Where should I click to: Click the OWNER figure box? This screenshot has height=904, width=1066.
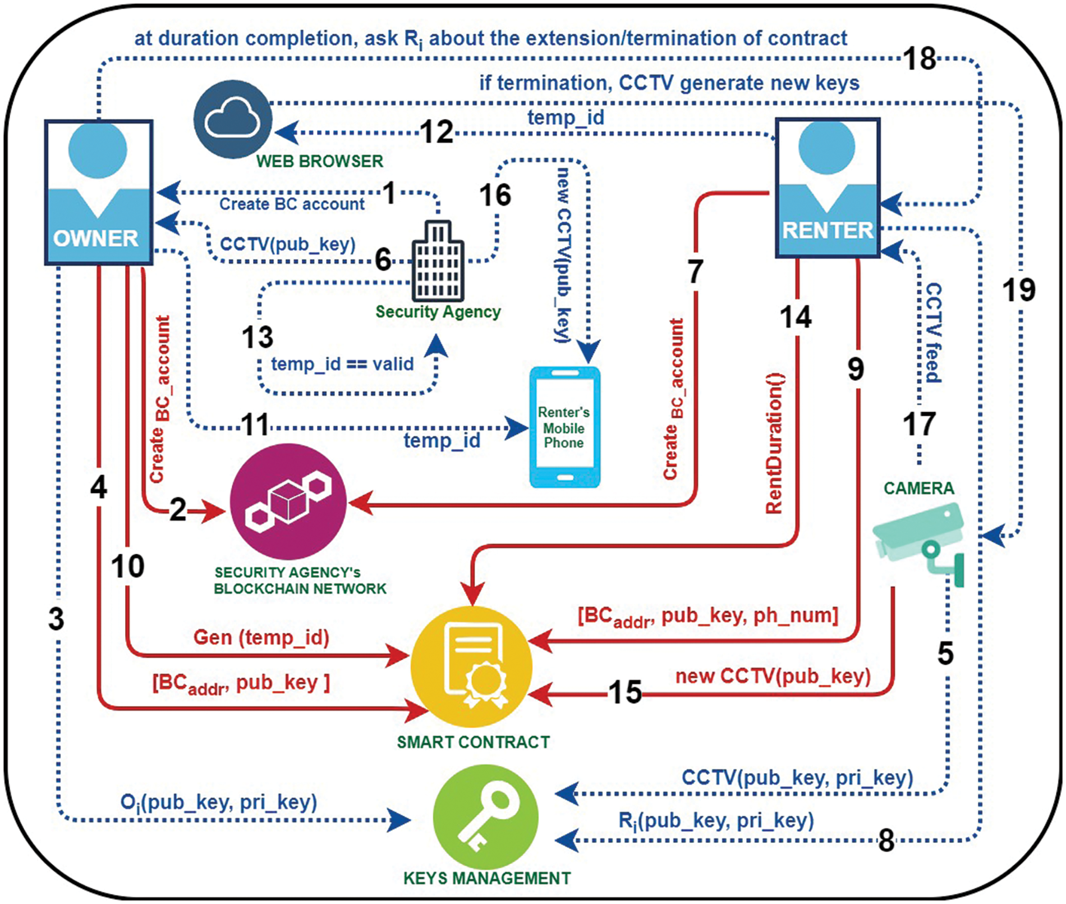coord(98,192)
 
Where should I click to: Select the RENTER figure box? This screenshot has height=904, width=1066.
coord(827,188)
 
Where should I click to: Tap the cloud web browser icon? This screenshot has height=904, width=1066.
coord(233,119)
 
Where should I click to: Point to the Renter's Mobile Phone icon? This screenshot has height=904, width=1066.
coord(564,427)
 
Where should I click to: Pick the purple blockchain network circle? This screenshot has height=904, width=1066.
coord(288,501)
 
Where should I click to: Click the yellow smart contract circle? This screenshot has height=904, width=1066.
coord(471,666)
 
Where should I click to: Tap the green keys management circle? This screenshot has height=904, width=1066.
coord(486,818)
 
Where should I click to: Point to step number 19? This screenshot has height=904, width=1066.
coord(1019,290)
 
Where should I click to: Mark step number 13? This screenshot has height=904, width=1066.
coord(258,337)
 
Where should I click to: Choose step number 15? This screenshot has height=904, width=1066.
coord(625,692)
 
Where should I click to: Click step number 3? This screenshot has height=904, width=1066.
coord(56,619)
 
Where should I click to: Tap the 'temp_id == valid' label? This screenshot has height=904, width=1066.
coord(342,364)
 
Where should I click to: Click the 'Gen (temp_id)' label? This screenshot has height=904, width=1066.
coord(261,637)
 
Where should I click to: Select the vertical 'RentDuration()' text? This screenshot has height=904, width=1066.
coord(775,444)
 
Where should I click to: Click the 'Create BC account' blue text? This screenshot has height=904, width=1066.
coord(292,204)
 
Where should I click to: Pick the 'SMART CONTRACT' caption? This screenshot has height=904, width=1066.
coord(473,742)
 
